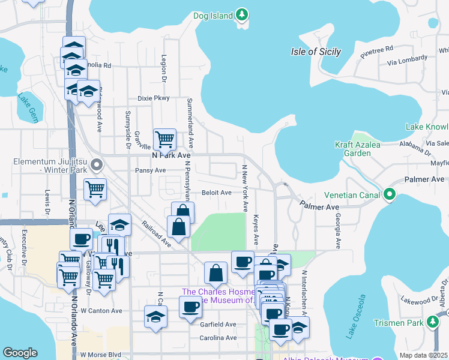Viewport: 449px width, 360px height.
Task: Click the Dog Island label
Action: tap(212, 16)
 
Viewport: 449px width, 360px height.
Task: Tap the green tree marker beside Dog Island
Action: tap(242, 14)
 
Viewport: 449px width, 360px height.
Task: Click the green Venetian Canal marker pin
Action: tap(390, 194)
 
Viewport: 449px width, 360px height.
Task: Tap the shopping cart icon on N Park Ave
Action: tap(164, 139)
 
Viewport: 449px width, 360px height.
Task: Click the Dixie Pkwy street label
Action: tap(154, 98)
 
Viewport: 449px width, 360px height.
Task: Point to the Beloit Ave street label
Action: tap(217, 193)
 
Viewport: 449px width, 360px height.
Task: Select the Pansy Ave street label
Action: tap(151, 170)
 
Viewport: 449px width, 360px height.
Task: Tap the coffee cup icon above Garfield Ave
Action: tap(190, 307)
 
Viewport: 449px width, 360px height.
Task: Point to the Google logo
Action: tap(20, 352)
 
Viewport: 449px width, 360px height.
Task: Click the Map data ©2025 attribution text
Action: tap(424, 355)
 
